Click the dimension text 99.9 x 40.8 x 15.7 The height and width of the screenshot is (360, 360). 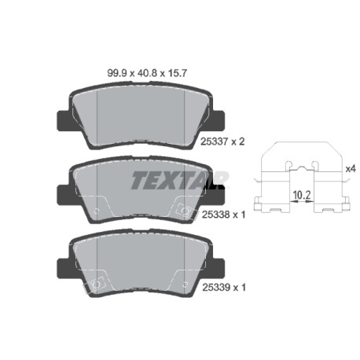[147, 73]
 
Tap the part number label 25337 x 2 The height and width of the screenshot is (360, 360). [222, 141]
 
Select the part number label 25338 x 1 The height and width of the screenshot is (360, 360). [223, 215]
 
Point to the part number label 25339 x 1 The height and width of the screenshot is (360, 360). [224, 288]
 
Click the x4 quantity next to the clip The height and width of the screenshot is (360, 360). [351, 169]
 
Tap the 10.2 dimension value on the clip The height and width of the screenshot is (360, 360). [302, 195]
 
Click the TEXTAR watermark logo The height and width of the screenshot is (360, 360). [179, 180]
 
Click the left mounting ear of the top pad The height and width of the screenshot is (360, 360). [64, 120]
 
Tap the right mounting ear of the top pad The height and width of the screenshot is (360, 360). [218, 120]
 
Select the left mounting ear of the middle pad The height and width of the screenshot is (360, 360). [64, 194]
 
